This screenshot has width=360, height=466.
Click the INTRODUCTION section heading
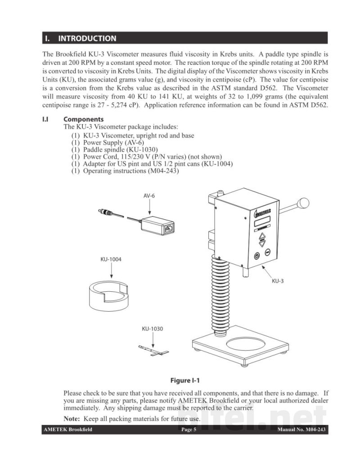point(87,38)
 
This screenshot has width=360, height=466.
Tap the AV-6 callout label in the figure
point(149,196)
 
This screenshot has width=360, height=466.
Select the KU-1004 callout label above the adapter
point(111,259)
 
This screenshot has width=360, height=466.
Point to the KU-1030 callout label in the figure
point(153,329)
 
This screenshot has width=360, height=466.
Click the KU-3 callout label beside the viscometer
point(278,281)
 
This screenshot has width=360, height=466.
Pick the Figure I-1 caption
point(185,380)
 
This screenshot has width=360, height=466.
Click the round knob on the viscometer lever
point(304,203)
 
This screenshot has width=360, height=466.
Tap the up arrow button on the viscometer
point(262,236)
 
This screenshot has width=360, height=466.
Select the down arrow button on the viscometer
point(262,244)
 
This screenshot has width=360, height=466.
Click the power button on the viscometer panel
point(257,256)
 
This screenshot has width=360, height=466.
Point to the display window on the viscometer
point(262,221)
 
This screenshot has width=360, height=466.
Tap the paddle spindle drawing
point(153,350)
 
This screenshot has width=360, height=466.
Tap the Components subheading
point(83,119)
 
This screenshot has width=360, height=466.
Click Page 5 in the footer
point(189,430)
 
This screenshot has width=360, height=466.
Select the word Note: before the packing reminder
point(72,419)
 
